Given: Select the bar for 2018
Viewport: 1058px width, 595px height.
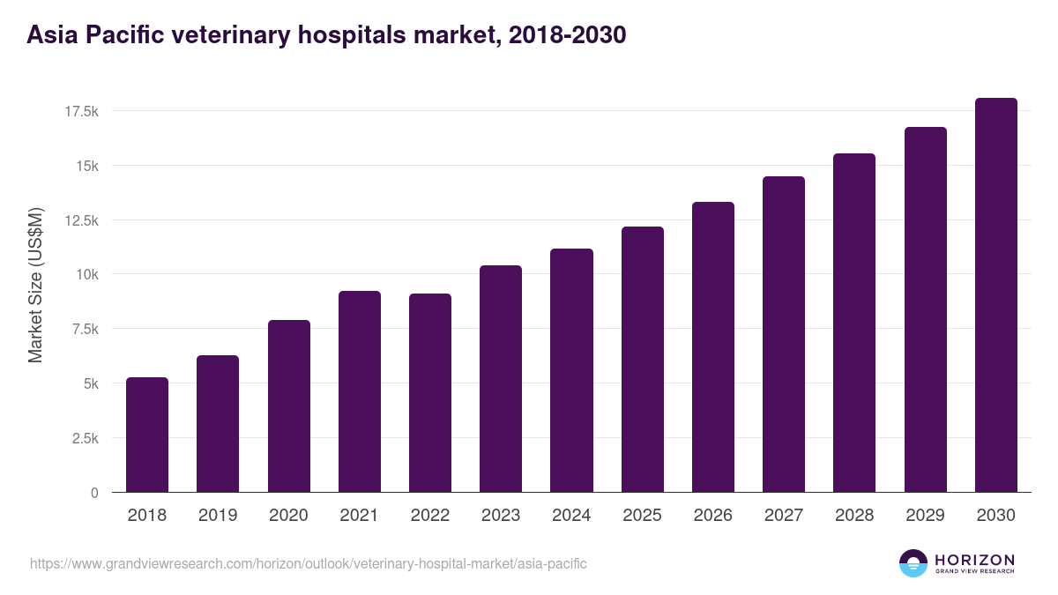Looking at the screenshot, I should click(x=147, y=435).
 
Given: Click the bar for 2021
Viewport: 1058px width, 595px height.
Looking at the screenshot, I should click(x=360, y=391).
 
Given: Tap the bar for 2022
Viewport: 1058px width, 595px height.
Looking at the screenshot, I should click(x=430, y=393).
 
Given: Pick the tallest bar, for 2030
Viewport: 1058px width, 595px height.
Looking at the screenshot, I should click(x=995, y=295).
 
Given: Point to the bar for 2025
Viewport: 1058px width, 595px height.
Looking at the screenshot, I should click(x=643, y=360).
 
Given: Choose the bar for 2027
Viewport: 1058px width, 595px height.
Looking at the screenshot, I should click(x=784, y=334).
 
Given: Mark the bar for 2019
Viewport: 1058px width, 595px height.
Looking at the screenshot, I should click(x=218, y=424).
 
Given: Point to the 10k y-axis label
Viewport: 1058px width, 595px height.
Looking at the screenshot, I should click(x=86, y=275).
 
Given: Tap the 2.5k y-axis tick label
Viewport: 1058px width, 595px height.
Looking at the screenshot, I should click(x=83, y=438).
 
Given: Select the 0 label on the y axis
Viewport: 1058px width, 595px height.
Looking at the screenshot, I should click(x=94, y=493).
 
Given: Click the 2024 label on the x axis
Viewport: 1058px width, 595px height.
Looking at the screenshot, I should click(x=571, y=516).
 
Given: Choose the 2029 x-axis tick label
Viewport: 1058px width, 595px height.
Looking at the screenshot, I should click(x=925, y=516).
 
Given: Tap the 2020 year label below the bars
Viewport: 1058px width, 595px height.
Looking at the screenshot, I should click(x=288, y=516).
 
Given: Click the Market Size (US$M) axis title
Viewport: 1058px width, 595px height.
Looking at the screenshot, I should click(x=35, y=285).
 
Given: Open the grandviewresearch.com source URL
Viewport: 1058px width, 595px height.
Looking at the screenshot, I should click(x=308, y=563).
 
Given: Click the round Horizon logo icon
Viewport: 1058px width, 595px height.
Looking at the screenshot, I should click(x=913, y=563).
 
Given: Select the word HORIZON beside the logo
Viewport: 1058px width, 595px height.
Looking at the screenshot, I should click(x=974, y=560).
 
